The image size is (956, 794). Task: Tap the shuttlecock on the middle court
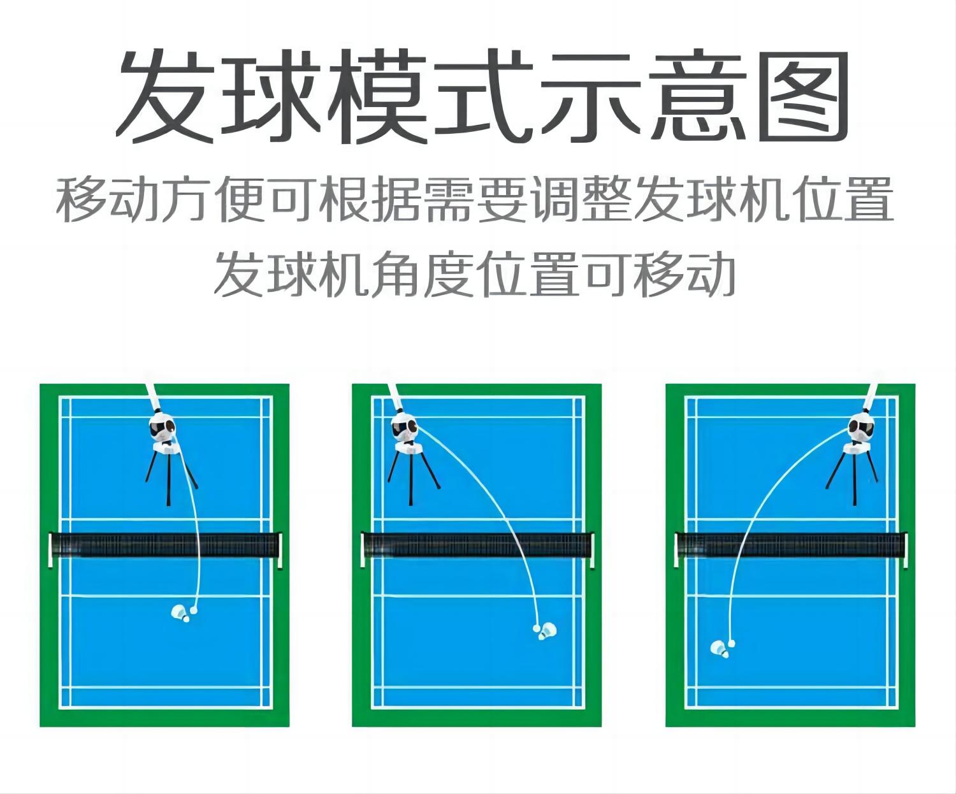(547, 632)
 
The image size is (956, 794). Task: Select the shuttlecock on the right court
(720, 649)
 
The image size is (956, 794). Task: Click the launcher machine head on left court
(163, 427)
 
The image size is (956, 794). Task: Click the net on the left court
(165, 545)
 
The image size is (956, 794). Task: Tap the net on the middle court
(477, 545)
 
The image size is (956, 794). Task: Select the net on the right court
(791, 545)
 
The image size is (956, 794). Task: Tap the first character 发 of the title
(166, 96)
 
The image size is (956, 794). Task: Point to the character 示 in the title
(591, 96)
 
